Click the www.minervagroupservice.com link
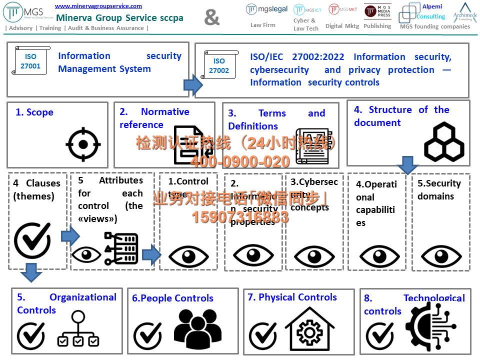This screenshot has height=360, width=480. (x=98, y=6)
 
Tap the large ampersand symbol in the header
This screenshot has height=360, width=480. (x=212, y=18)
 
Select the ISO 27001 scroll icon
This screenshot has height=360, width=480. (x=30, y=61)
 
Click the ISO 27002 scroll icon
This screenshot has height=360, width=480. (x=218, y=65)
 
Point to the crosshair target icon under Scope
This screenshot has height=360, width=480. (x=83, y=144)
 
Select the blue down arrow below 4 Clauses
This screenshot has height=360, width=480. (x=31, y=272)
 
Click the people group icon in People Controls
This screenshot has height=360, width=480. (x=197, y=327)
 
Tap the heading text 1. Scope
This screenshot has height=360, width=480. (x=34, y=112)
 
